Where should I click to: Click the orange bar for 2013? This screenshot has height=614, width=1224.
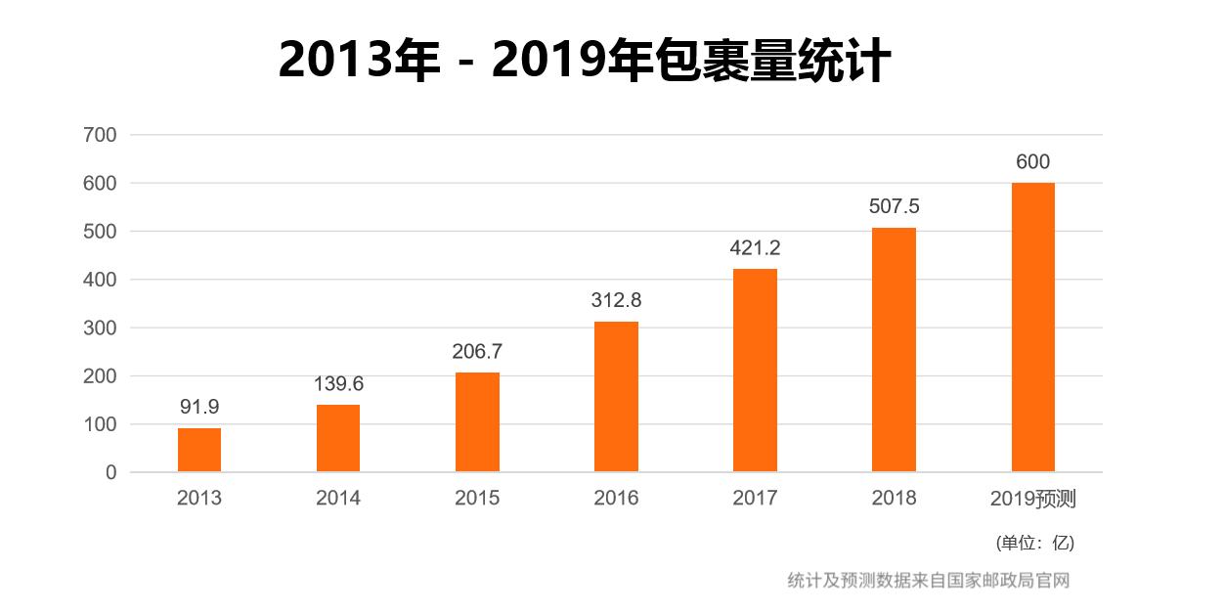[x=199, y=450]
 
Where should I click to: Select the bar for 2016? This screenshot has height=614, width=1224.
[x=616, y=397]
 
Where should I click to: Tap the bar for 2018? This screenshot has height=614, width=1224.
[x=894, y=350]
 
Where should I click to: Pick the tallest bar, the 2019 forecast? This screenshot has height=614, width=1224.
[x=1032, y=328]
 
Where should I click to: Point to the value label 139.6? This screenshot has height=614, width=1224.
[x=338, y=384]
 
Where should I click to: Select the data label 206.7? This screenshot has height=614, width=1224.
[x=477, y=352]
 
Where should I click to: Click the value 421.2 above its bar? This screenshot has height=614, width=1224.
[x=755, y=248]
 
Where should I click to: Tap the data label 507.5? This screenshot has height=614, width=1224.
[x=894, y=207]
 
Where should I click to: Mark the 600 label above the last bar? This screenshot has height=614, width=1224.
[x=1032, y=162]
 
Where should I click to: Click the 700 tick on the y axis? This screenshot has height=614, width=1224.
[x=102, y=135]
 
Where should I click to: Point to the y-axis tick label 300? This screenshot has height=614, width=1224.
[x=102, y=328]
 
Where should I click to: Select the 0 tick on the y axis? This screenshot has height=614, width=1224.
[x=110, y=472]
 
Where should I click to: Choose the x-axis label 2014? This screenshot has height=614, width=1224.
[x=338, y=498]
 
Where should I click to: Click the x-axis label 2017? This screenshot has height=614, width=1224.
[x=755, y=498]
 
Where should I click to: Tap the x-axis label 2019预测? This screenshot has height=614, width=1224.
[x=1032, y=499]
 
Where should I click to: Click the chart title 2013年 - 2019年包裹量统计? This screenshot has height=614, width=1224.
[x=584, y=61]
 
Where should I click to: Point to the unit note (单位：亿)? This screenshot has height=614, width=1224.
[x=1034, y=543]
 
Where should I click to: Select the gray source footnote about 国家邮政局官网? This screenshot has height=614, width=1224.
[x=929, y=580]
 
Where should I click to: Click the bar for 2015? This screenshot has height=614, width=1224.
[x=477, y=422]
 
